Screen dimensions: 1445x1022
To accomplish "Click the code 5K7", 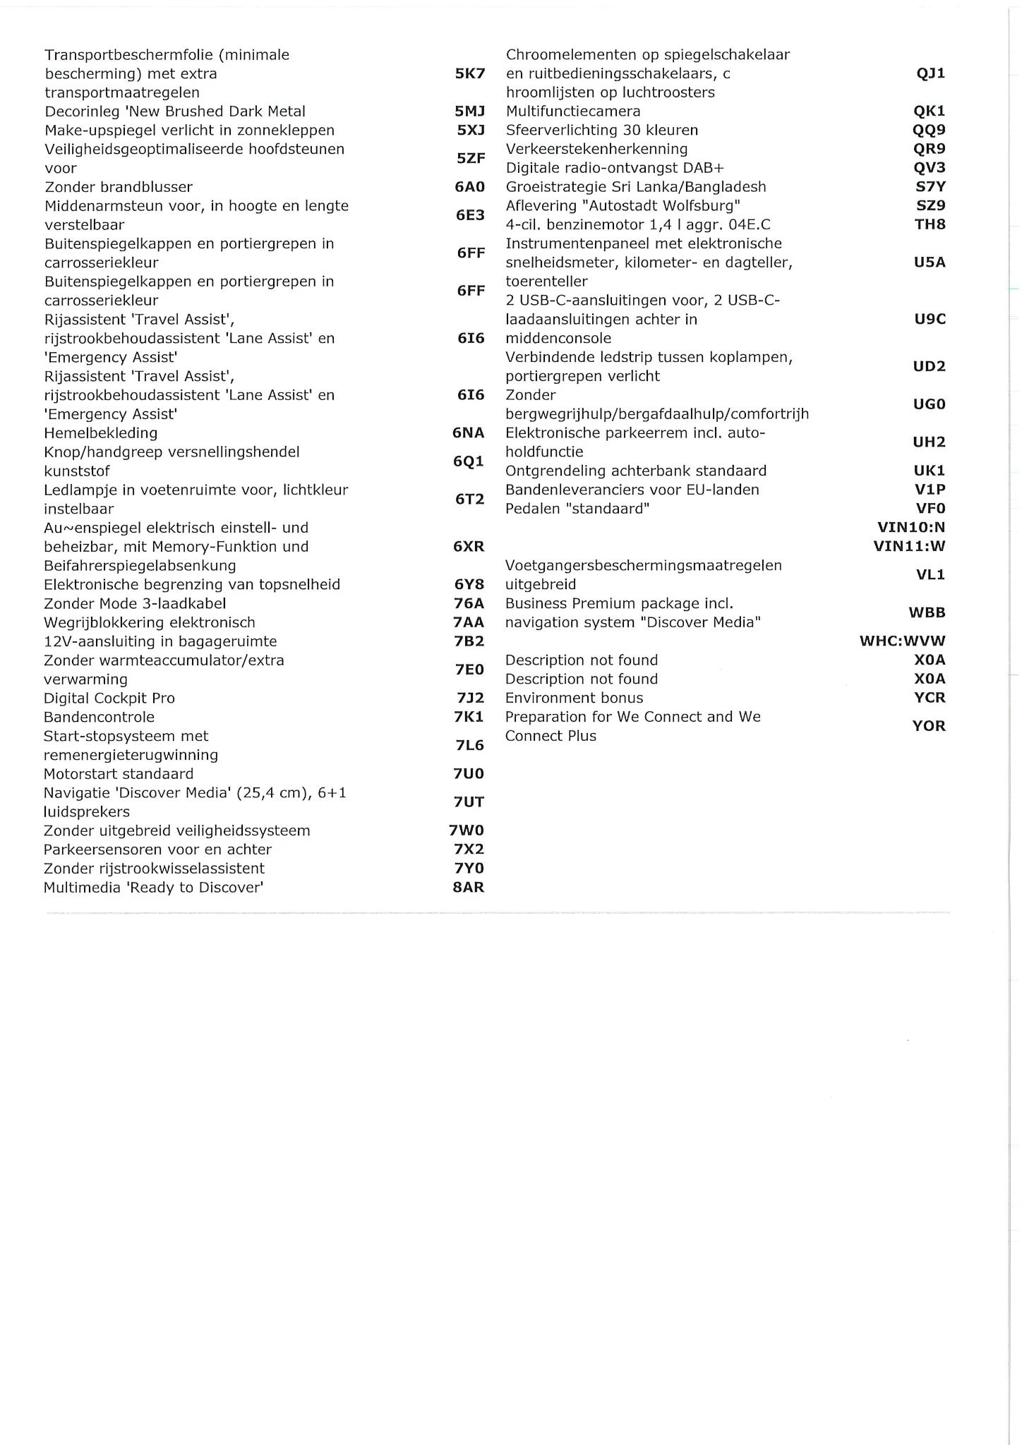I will (x=470, y=73).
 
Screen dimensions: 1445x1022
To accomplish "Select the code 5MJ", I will (x=470, y=111).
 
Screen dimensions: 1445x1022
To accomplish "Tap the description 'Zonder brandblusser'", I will (x=119, y=187).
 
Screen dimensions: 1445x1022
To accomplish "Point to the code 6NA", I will (x=469, y=433).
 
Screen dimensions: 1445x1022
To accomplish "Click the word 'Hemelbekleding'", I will (x=101, y=433).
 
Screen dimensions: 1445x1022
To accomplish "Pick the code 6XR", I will (x=469, y=547).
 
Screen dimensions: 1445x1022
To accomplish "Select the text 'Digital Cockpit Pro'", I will (x=109, y=699).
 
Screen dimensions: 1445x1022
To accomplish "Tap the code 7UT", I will (x=469, y=802).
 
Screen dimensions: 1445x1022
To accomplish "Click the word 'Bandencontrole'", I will (x=99, y=718).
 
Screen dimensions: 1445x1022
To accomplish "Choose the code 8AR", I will (x=469, y=888).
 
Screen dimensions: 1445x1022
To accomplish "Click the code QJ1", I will (x=930, y=73).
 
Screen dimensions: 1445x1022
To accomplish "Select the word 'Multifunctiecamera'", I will (x=573, y=111).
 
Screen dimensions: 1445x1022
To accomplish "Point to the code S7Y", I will (x=930, y=187).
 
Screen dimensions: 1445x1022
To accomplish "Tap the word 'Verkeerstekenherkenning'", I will (x=596, y=149).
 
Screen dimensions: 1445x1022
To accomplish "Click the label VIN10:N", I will (x=910, y=528).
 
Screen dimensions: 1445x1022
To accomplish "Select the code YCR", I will (x=930, y=698).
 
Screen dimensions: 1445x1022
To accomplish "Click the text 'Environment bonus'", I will (x=574, y=699).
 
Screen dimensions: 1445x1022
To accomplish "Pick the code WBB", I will (x=927, y=613).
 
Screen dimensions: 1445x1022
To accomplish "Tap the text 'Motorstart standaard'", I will (x=119, y=774).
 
